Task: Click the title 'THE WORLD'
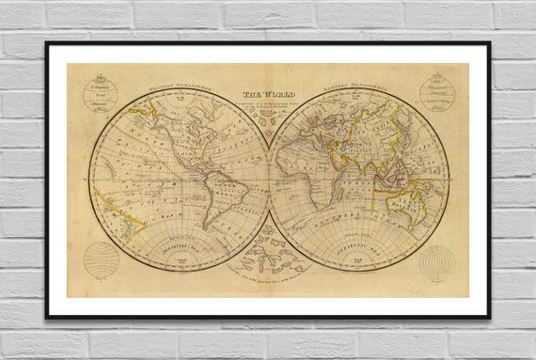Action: point(267,94)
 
